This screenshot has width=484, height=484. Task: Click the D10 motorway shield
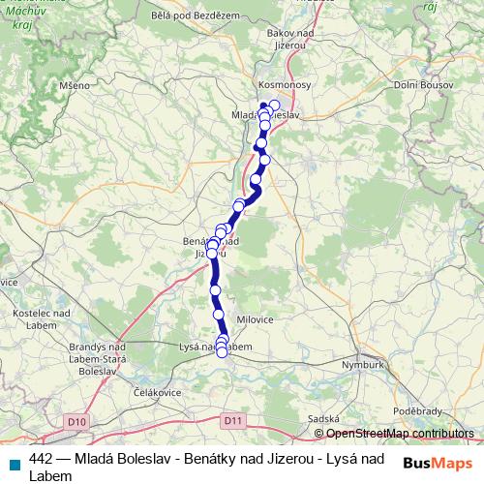click(x=77, y=421)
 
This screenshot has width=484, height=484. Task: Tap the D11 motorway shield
click(x=231, y=421)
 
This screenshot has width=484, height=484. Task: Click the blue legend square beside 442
click(x=14, y=461)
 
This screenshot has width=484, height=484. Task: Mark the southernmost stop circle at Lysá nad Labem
click(x=222, y=352)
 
